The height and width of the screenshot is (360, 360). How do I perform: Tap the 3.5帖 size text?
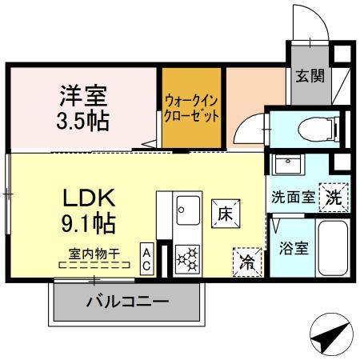82,122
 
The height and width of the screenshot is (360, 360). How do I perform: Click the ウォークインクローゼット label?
191,108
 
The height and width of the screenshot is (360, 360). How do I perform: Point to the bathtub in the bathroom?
330,248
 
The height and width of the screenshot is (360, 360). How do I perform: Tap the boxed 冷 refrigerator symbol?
247,261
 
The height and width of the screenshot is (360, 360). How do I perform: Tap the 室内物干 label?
94,253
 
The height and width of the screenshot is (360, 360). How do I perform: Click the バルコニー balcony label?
127,302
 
